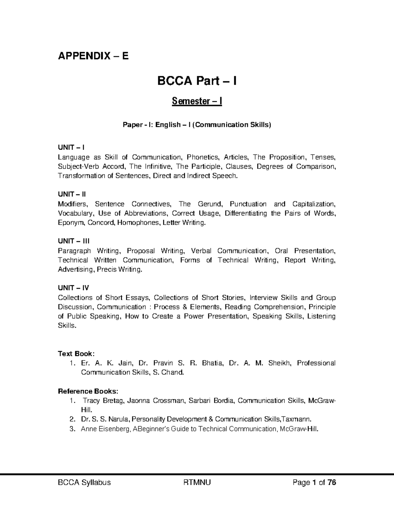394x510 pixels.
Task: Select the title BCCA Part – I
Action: [x=197, y=80]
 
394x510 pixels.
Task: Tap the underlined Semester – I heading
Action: [x=197, y=101]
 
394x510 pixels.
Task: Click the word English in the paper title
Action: [x=168, y=125]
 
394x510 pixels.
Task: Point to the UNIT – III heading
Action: [x=74, y=241]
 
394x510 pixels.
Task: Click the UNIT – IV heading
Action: [x=73, y=288]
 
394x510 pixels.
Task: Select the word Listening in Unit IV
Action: [x=321, y=316]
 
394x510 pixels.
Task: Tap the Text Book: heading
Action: [x=76, y=354]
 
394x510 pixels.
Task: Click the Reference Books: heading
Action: [x=88, y=391]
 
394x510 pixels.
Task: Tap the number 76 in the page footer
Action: [x=331, y=482]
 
